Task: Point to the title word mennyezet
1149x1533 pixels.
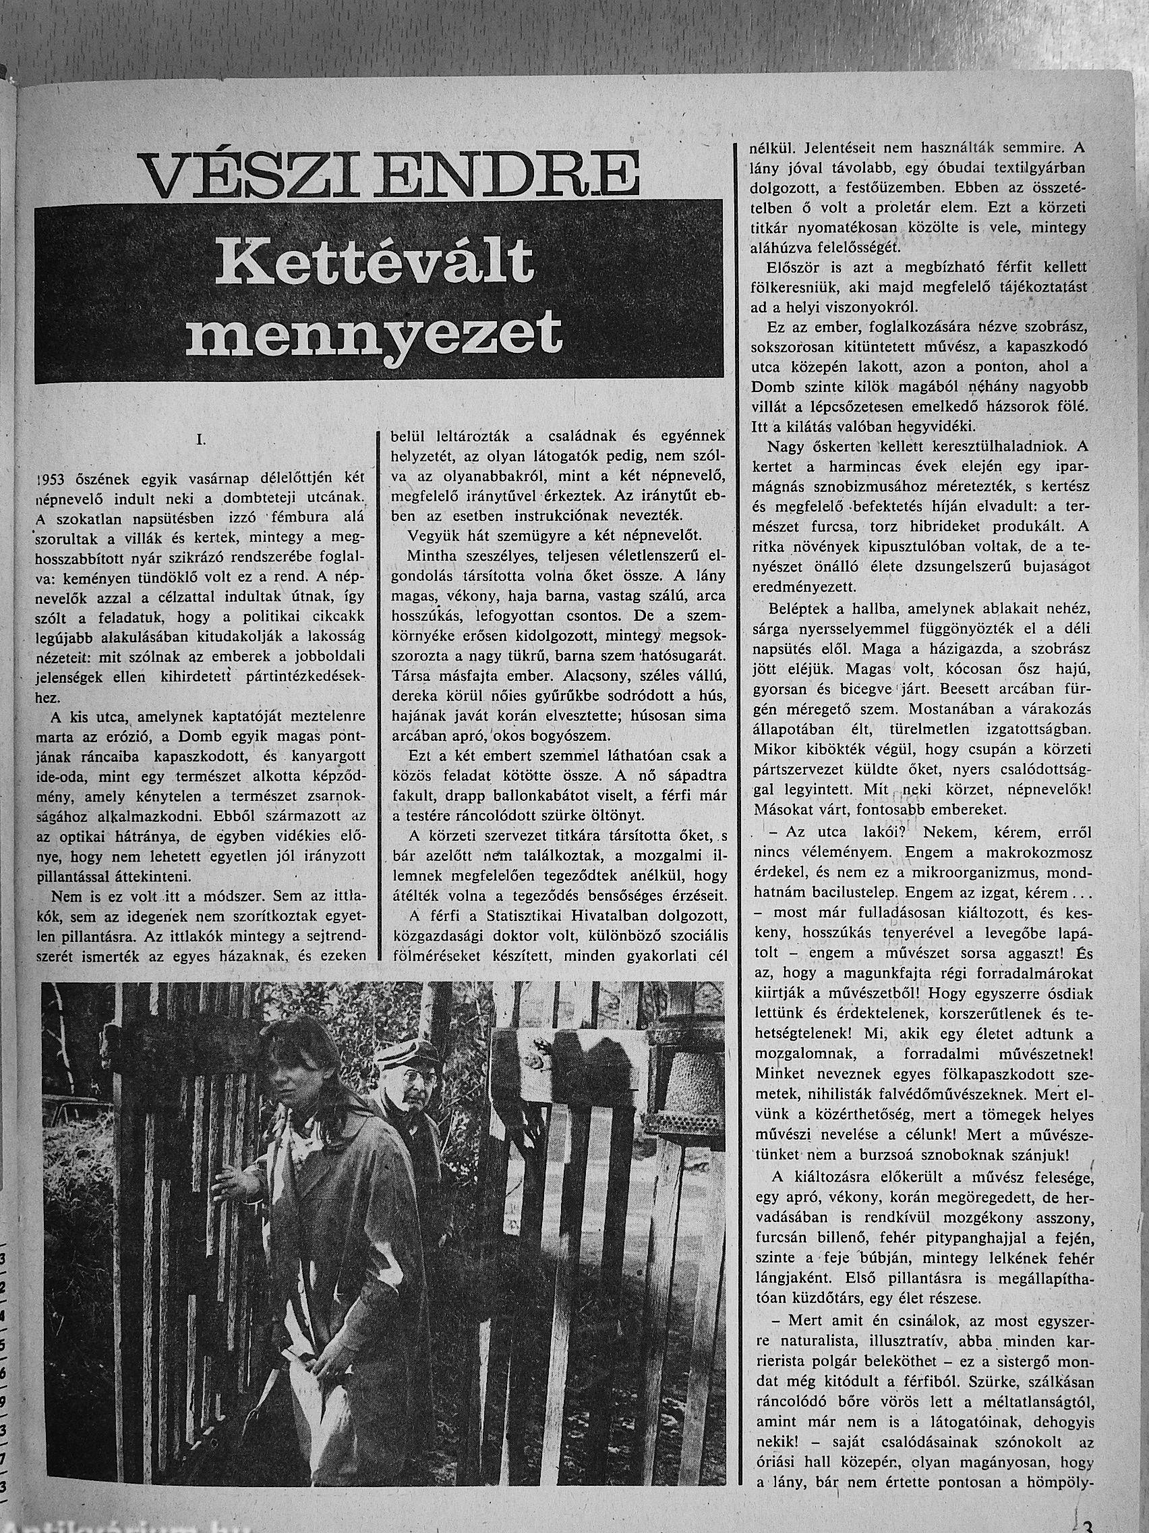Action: (374, 333)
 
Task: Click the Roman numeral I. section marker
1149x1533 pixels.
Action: (202, 439)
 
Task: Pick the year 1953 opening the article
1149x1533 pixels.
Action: (52, 482)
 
